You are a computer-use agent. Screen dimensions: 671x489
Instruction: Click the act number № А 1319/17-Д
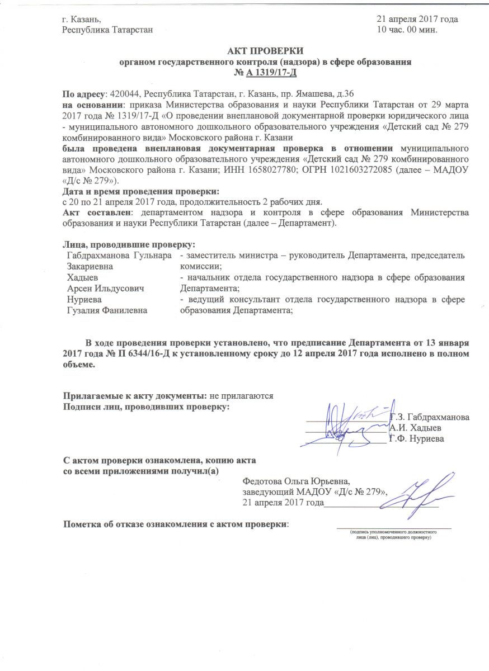[267, 72]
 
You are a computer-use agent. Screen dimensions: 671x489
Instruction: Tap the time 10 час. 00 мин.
[407, 29]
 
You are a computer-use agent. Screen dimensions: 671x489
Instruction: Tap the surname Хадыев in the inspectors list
[82, 278]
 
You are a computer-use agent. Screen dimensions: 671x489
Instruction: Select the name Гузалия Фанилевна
[107, 310]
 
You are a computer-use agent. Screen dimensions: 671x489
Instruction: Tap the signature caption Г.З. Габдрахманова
[430, 417]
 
